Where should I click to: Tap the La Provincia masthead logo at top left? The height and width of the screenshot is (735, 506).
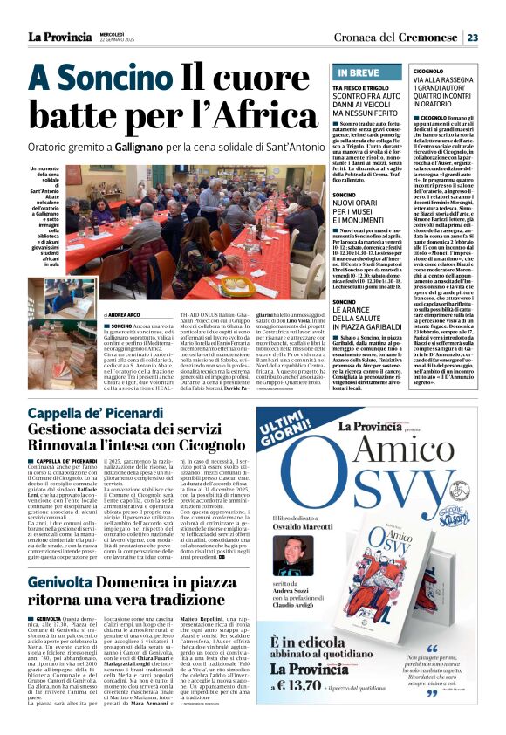pos(58,37)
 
